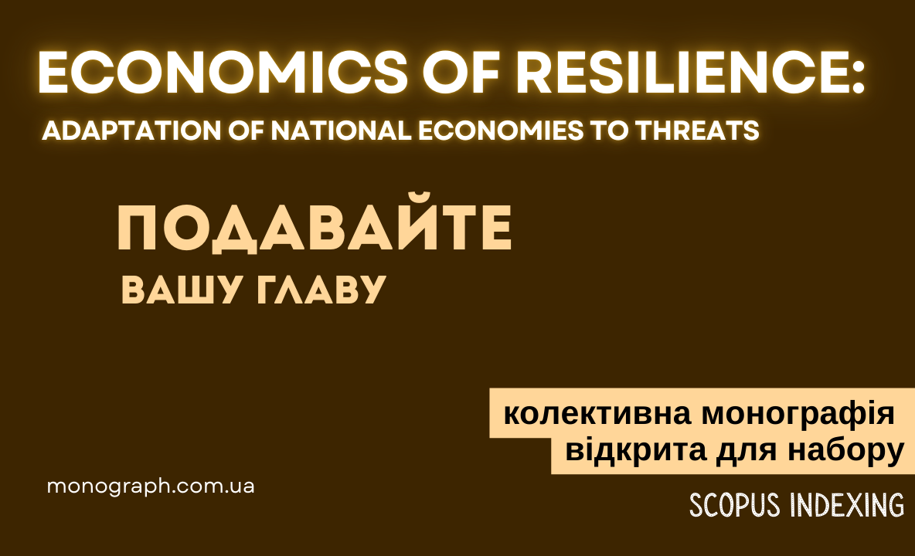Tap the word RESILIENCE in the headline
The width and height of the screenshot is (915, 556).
680,73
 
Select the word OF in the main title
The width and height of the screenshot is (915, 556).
462,73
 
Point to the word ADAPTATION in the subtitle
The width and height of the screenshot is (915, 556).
132,131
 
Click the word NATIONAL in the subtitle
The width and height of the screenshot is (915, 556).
341,131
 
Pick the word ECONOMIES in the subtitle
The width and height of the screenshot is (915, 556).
501,131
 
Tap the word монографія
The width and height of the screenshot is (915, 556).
798,415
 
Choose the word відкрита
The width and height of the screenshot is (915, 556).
636,450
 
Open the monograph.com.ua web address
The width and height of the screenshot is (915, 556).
151,486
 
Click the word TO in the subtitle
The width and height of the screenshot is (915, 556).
609,131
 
